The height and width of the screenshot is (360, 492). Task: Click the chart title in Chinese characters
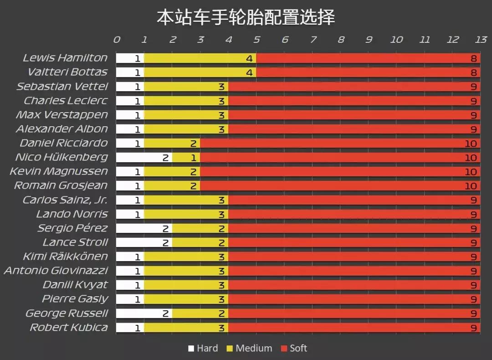[x=246, y=17]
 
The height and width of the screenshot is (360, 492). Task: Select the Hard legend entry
[x=203, y=349]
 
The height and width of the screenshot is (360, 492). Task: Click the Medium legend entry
[x=249, y=349]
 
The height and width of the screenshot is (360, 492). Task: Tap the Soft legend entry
[x=294, y=349]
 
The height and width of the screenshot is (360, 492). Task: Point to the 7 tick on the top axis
[x=313, y=40]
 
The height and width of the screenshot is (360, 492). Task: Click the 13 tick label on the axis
[x=481, y=40]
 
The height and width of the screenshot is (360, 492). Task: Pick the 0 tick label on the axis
[x=117, y=40]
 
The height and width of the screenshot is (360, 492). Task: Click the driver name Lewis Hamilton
[x=65, y=58]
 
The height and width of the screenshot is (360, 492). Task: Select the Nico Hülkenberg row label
[x=61, y=157]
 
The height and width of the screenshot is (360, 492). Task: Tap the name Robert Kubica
[x=69, y=327]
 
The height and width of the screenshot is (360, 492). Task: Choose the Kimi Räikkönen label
[x=66, y=256]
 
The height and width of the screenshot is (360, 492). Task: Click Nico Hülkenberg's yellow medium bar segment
[x=186, y=158]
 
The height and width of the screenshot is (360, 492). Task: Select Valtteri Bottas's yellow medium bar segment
[x=200, y=72]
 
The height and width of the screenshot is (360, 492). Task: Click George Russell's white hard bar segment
[x=144, y=314]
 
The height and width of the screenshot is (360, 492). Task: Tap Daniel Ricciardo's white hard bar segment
[x=130, y=144]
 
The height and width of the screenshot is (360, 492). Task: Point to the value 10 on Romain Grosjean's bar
[x=471, y=186]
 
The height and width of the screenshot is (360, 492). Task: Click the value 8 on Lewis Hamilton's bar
[x=474, y=58]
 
